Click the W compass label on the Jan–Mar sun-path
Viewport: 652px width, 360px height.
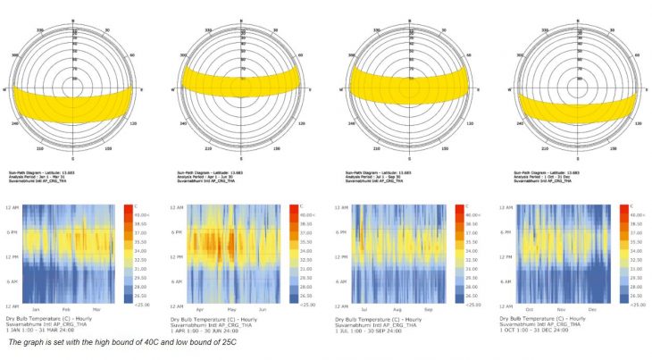6,90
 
